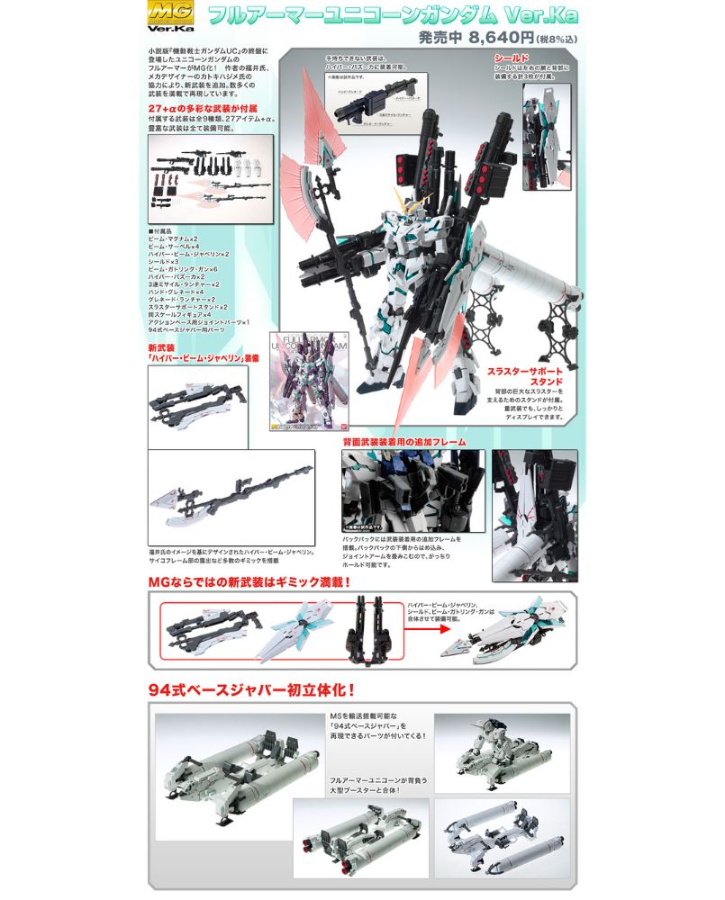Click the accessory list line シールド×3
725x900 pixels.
tap(168, 261)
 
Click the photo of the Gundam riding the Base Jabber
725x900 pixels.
tap(502, 750)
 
